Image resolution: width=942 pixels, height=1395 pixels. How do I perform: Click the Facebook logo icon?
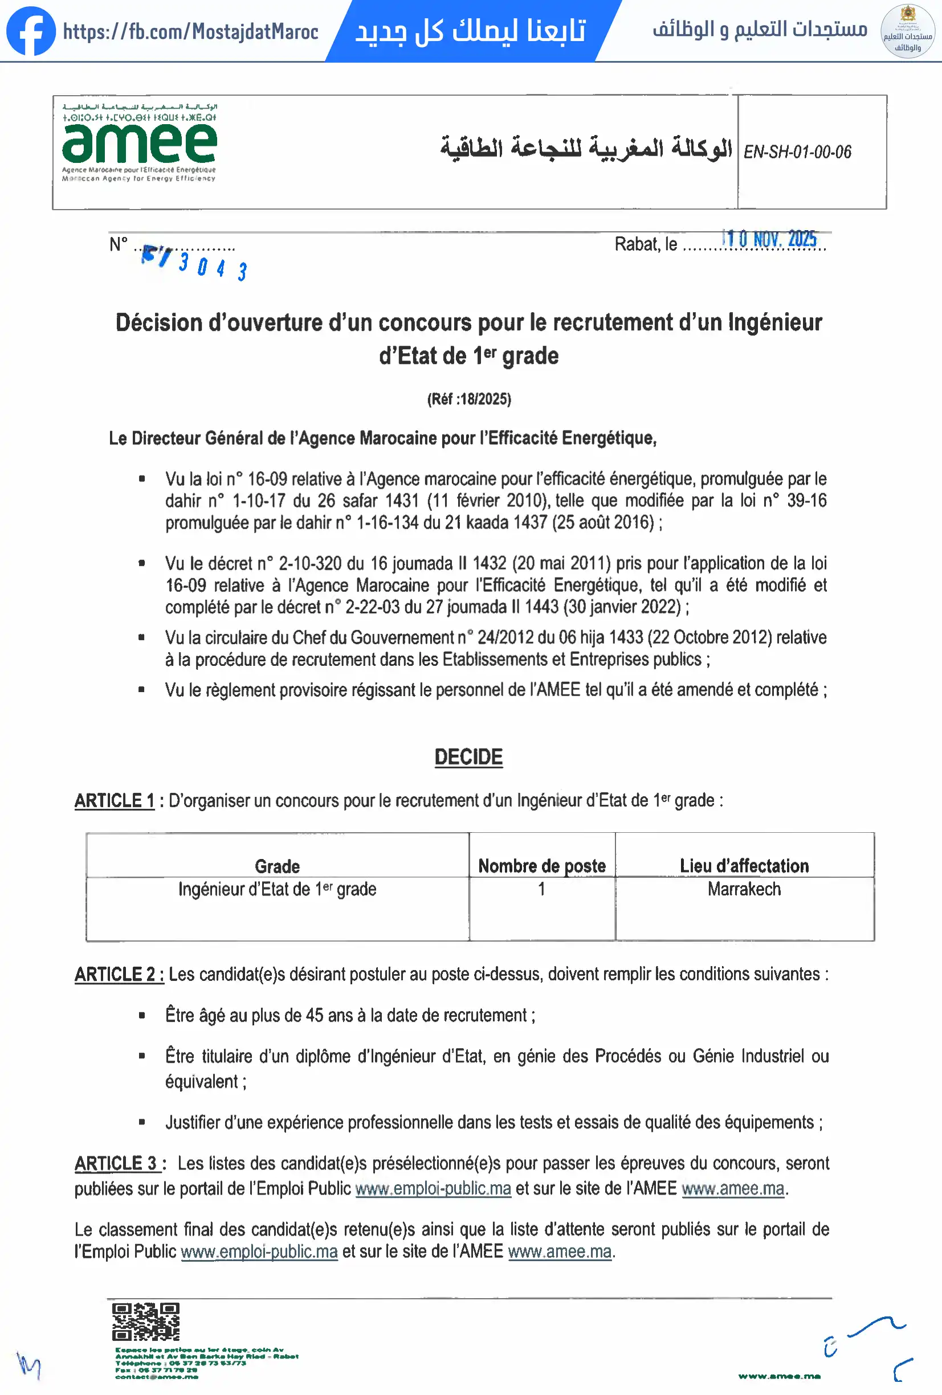coord(31,31)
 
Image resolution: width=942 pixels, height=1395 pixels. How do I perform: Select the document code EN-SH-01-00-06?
coord(797,152)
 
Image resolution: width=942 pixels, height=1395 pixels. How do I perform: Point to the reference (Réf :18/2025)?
coord(469,399)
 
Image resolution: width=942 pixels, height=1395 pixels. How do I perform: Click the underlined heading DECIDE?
coord(468,757)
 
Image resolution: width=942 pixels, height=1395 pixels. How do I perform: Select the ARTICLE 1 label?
coord(115,801)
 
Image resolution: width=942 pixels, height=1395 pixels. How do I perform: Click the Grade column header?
coord(277,866)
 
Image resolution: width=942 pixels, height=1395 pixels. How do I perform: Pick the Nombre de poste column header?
coord(541,866)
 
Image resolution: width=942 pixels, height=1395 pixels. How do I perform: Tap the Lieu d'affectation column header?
coord(744,866)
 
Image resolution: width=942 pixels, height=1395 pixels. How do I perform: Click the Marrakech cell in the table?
coord(744,889)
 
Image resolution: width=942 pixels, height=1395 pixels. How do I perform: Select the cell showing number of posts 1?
coord(541,889)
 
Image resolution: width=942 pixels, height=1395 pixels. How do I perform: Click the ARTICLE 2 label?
coord(119,974)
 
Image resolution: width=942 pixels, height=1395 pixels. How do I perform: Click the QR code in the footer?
coord(146,1321)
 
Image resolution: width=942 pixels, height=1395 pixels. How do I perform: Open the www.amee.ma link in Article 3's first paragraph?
coord(732,1188)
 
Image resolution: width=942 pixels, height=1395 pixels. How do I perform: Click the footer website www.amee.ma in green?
coord(778,1376)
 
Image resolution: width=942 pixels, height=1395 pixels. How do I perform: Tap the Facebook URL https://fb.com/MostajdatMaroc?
coord(190,31)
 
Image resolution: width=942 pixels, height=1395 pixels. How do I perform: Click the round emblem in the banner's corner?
coord(907,31)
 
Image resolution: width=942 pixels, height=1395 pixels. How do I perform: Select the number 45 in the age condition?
coord(315,1015)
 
